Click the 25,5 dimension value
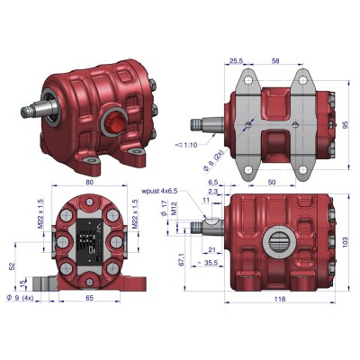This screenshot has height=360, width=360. click(237, 61)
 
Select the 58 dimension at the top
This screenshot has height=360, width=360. click(274, 61)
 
